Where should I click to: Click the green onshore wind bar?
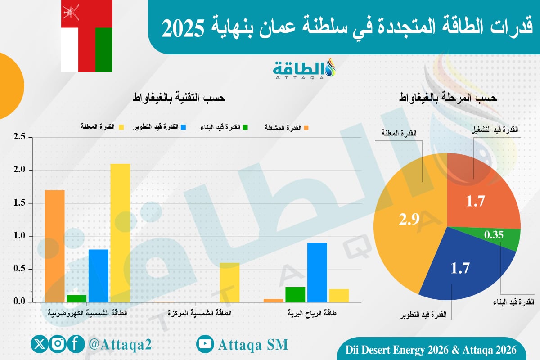coord(295,294)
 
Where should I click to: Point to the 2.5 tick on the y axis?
coord(20,137)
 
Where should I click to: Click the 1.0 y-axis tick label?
coord(20,236)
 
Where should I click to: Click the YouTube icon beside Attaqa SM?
coord(205,344)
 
